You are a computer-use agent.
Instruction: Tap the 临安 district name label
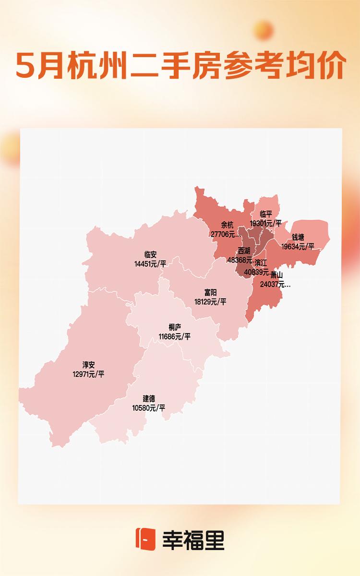[x=150, y=255]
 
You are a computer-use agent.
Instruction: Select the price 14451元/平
[x=150, y=264]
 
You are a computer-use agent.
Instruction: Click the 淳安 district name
[x=88, y=365]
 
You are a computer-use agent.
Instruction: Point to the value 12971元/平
[x=88, y=374]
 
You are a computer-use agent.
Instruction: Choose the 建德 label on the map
[x=149, y=399]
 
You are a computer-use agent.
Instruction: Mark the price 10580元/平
[x=149, y=408]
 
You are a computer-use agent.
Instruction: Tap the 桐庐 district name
[x=175, y=327]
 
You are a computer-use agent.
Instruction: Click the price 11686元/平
[x=175, y=336]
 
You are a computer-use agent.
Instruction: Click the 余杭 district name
[x=227, y=225]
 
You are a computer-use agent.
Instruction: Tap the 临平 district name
[x=266, y=214]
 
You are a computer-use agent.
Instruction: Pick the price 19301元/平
[x=266, y=223]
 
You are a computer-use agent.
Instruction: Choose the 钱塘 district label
[x=298, y=238]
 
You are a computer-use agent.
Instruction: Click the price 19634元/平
[x=298, y=246]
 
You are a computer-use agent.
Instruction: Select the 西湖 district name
[x=244, y=251]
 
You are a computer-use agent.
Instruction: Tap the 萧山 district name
[x=276, y=275]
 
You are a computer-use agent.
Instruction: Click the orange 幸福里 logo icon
[x=145, y=539]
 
